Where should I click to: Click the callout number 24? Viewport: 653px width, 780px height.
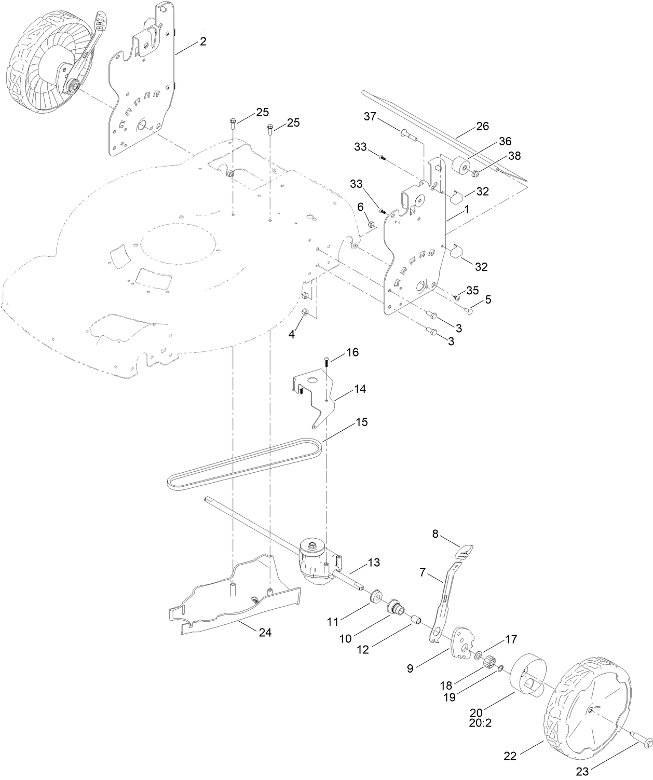pyautogui.click(x=265, y=633)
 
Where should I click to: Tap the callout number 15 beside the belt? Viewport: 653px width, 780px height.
pyautogui.click(x=361, y=422)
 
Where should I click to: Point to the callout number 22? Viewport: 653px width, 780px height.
pyautogui.click(x=510, y=742)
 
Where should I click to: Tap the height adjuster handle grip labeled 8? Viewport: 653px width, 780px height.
pyautogui.click(x=466, y=551)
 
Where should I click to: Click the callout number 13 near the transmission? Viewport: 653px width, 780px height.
pyautogui.click(x=374, y=562)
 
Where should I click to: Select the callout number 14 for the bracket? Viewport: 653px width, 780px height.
pyautogui.click(x=360, y=389)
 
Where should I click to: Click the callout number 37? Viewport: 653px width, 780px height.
pyautogui.click(x=370, y=116)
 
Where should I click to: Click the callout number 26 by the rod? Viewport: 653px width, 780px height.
pyautogui.click(x=482, y=126)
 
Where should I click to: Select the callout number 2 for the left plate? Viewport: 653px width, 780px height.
pyautogui.click(x=203, y=42)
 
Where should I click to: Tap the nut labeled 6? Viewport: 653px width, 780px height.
pyautogui.click(x=371, y=224)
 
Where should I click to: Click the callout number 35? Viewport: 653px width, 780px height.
pyautogui.click(x=472, y=290)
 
